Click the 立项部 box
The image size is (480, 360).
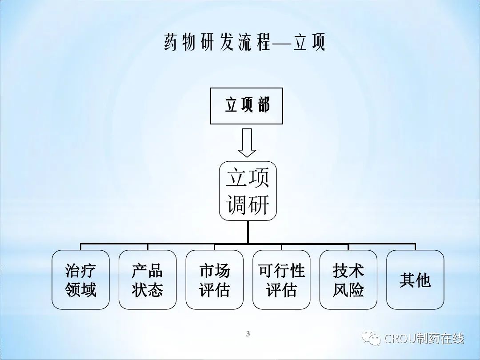247,105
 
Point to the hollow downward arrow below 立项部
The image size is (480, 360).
247,143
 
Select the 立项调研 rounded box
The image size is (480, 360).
248,190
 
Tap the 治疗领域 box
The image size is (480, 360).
80,280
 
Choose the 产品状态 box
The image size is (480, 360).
148,280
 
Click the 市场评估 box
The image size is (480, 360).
214,280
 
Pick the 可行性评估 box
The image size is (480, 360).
281,280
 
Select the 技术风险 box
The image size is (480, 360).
348,280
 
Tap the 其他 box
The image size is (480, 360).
415,280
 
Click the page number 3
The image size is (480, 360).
248,334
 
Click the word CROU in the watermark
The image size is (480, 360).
400,339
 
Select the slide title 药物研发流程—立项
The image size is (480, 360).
244,43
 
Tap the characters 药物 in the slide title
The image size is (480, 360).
180,43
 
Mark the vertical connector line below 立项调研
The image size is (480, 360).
248,232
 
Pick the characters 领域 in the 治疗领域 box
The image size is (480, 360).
80,290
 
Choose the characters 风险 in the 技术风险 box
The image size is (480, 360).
348,290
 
